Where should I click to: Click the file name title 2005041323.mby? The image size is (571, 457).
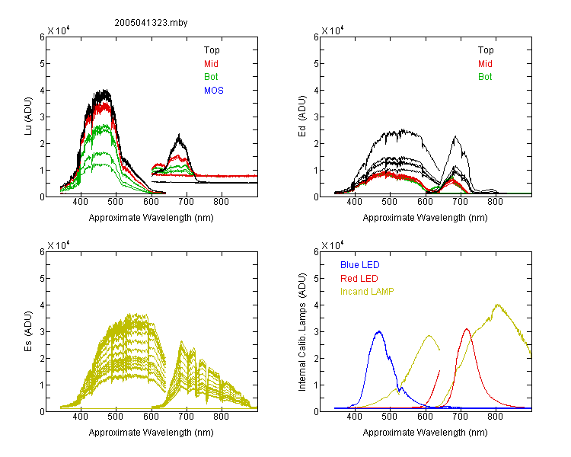(151, 23)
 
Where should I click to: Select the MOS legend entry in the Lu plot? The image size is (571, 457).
(214, 91)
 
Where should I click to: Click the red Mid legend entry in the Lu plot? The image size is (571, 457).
(211, 64)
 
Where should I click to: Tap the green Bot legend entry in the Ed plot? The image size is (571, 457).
(485, 77)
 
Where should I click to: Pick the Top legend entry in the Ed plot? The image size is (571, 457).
(486, 50)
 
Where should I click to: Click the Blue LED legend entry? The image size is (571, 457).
(360, 265)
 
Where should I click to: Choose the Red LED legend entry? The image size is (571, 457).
(359, 279)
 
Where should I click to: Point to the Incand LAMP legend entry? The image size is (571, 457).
(367, 292)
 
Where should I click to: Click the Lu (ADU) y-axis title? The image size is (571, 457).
(28, 117)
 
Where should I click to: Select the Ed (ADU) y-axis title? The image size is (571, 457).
(302, 117)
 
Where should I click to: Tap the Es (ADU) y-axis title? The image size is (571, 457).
(28, 331)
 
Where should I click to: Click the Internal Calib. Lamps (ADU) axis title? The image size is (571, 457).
(302, 332)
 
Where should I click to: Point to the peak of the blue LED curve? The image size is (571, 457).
(379, 331)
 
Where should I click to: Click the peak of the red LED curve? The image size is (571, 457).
(467, 329)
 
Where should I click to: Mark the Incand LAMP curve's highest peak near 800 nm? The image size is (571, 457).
(497, 305)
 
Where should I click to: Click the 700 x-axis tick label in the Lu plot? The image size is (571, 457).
(187, 202)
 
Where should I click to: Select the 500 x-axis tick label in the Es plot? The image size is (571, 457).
(116, 417)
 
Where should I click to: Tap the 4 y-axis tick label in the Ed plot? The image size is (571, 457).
(317, 91)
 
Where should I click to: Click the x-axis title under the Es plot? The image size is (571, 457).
(152, 433)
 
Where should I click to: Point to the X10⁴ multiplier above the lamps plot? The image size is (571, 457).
(333, 245)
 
